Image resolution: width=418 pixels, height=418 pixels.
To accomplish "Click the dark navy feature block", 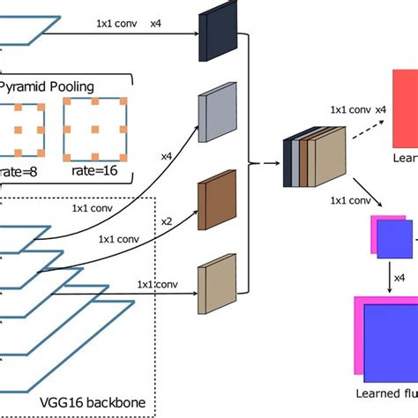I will pyautogui.click(x=213, y=38).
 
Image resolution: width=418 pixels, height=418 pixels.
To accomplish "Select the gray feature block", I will pyautogui.click(x=213, y=109).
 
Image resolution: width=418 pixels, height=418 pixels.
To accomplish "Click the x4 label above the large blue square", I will pyautogui.click(x=399, y=278).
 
